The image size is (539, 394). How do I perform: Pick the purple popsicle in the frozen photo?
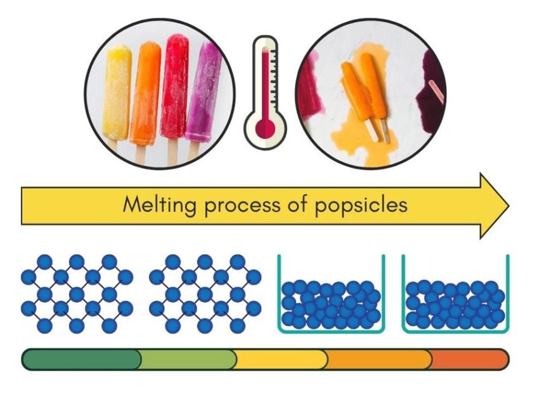click(x=203, y=92)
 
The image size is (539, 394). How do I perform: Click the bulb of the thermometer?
click(x=264, y=128)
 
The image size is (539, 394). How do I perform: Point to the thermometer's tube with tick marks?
click(x=264, y=76)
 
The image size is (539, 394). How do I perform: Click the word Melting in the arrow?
click(x=155, y=205)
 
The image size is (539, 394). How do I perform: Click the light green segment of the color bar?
click(x=187, y=359)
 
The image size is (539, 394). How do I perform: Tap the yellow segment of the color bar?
click(x=280, y=359)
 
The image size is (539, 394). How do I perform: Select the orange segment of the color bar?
click(x=379, y=359)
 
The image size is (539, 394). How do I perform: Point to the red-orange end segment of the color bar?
click(x=469, y=359)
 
